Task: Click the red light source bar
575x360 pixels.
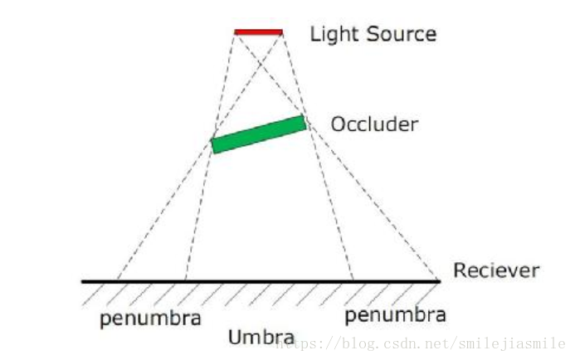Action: [x=259, y=32]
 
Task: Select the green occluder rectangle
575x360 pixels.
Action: [x=259, y=134]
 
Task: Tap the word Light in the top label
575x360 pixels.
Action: [x=329, y=34]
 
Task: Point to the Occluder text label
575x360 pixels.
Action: [x=374, y=125]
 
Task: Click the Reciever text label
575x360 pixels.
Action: [x=496, y=270]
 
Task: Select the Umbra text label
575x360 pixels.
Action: [x=261, y=338]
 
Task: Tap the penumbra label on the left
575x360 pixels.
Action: [x=150, y=319]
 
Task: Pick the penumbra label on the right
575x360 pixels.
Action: [x=395, y=314]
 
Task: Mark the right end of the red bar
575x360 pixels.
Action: [x=281, y=32]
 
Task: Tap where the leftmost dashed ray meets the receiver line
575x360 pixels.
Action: [x=117, y=281]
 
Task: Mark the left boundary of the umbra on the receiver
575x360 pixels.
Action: [x=186, y=281]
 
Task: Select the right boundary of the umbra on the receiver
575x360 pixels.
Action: [x=353, y=281]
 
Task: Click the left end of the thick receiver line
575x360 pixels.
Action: [x=83, y=281]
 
